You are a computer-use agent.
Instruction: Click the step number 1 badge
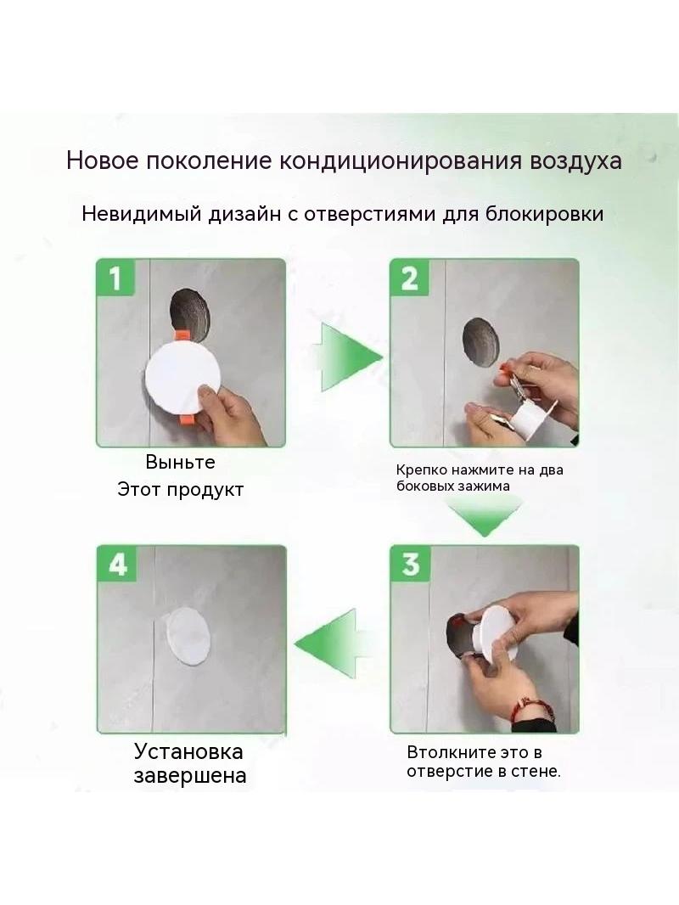tap(116, 278)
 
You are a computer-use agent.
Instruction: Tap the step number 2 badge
tap(409, 278)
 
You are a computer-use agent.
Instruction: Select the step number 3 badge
tap(410, 564)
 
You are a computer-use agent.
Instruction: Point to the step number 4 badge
tap(117, 564)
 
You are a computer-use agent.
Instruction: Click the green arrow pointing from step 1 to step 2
tap(346, 357)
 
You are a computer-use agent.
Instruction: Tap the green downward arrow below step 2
tap(484, 515)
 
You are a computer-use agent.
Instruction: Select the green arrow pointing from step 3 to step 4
tap(332, 643)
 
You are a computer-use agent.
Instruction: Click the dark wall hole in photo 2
tap(480, 340)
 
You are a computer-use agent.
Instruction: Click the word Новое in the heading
tap(103, 160)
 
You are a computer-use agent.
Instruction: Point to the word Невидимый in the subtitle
tap(142, 214)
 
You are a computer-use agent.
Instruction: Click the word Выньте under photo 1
tap(180, 462)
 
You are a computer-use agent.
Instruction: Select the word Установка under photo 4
tap(188, 751)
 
